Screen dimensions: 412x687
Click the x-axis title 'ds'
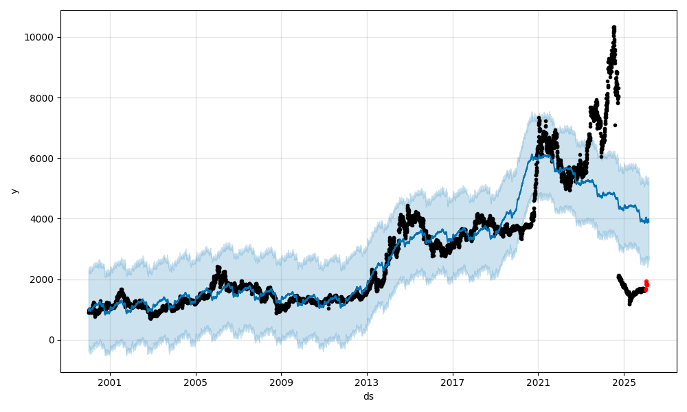click(x=368, y=396)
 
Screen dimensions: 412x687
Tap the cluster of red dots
click(x=646, y=285)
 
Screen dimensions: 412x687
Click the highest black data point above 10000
click(x=613, y=27)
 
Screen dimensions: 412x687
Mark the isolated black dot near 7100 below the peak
click(x=615, y=125)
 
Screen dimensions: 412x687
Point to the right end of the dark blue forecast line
click(x=649, y=221)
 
